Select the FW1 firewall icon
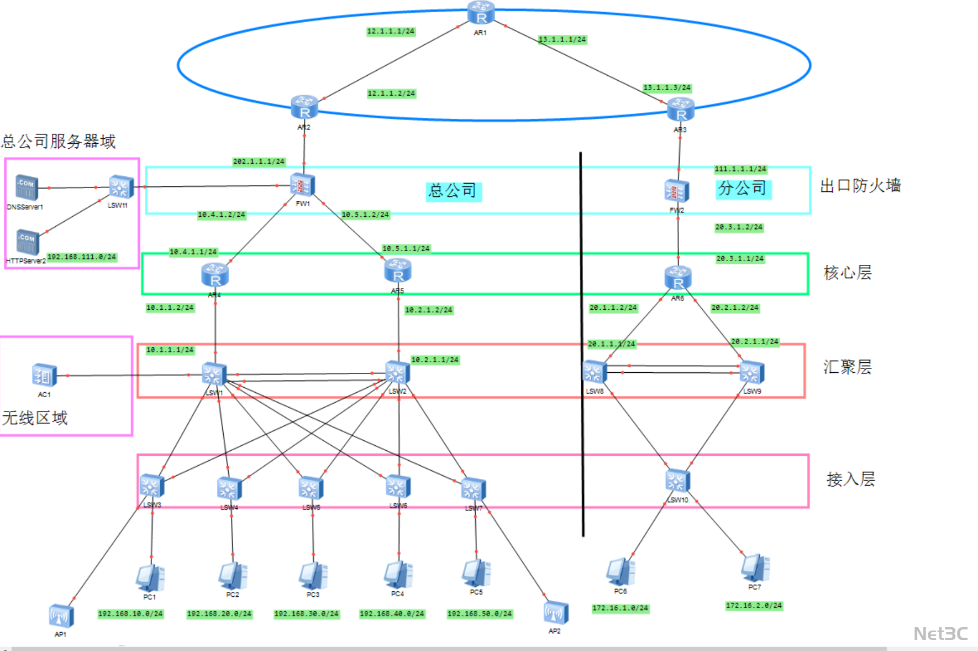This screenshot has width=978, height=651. coord(303,185)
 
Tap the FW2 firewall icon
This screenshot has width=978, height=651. coord(676,191)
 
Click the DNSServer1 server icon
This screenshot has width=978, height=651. coord(27,188)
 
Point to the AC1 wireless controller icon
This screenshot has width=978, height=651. coord(44,376)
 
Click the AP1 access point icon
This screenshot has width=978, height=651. coord(61,616)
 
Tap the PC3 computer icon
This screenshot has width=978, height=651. coord(313,576)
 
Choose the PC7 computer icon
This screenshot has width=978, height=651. coord(755,568)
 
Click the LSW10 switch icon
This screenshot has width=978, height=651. coord(677,481)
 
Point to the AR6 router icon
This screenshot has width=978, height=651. coord(678,278)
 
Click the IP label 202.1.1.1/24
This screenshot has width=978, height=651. coord(259,162)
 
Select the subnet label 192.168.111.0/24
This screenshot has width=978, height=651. coord(82,257)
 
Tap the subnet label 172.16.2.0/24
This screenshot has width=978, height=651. coord(754,606)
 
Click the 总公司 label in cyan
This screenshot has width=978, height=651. coord(453,191)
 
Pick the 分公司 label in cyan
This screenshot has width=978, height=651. coord(742,189)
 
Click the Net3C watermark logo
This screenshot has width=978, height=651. coord(940,633)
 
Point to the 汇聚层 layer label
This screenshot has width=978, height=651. coord(847,367)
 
